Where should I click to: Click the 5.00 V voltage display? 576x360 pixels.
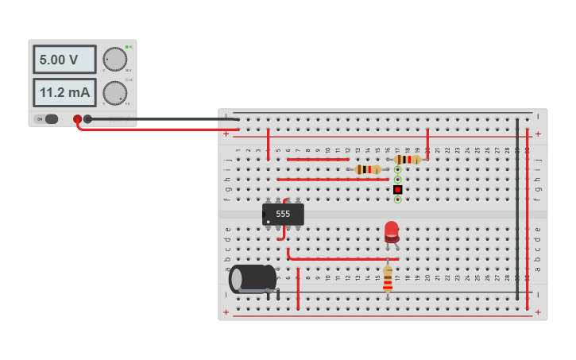64,60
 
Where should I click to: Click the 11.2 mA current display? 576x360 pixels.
64,92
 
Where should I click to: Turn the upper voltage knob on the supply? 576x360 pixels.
114,59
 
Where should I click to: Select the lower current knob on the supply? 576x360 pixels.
114,92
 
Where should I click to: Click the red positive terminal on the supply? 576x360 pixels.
77,119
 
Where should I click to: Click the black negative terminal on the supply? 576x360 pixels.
87,119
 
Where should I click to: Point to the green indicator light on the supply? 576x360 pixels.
126,47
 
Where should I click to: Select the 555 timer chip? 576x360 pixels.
283,214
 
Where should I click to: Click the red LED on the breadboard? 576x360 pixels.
392,231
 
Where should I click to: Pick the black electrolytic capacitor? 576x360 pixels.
253,279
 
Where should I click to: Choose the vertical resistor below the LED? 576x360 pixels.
388,278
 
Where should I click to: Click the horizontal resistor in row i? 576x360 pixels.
367,169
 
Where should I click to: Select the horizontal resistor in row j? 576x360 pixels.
408,160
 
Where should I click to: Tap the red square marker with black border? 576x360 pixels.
397,189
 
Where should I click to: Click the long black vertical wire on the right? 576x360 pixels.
516,207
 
